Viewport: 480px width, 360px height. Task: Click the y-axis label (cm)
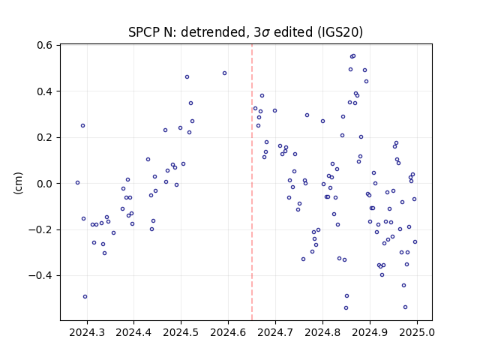(x=18, y=183)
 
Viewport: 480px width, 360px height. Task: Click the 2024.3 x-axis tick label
(x=87, y=332)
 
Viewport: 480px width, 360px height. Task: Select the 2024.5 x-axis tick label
(x=181, y=332)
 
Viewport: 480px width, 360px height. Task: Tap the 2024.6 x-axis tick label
(x=228, y=332)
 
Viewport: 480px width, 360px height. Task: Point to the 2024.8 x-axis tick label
(x=322, y=332)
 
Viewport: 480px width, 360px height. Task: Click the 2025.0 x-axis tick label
(x=417, y=332)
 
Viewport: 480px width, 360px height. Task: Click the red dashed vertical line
(x=252, y=182)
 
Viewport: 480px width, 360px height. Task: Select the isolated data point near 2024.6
(x=225, y=73)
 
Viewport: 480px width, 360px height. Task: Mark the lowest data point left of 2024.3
(x=85, y=297)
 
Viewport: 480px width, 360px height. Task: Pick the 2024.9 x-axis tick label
(x=370, y=332)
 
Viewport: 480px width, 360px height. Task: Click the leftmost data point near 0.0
(x=77, y=183)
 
